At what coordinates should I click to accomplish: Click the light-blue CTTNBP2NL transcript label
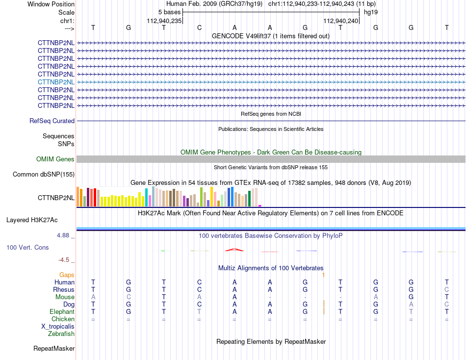(56, 82)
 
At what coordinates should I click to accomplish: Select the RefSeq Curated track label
(52, 121)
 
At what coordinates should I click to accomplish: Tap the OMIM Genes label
(55, 159)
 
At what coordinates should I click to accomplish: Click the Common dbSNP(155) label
(44, 175)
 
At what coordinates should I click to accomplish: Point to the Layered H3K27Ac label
(32, 220)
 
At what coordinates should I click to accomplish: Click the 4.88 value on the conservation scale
(63, 235)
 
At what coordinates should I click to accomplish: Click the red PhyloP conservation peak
(234, 250)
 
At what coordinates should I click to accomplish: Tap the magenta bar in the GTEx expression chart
(260, 206)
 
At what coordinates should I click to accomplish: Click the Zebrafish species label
(61, 334)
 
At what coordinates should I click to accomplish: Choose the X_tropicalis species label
(58, 327)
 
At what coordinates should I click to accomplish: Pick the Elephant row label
(62, 312)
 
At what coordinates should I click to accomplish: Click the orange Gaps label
(67, 275)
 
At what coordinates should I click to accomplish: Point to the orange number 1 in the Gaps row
(323, 275)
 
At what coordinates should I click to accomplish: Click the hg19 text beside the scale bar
(371, 12)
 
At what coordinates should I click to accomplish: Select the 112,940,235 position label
(164, 21)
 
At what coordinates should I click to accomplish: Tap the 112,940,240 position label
(340, 21)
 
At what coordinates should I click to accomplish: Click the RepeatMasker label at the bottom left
(54, 348)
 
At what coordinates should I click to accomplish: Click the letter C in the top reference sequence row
(200, 27)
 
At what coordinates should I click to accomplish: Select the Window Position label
(51, 4)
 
